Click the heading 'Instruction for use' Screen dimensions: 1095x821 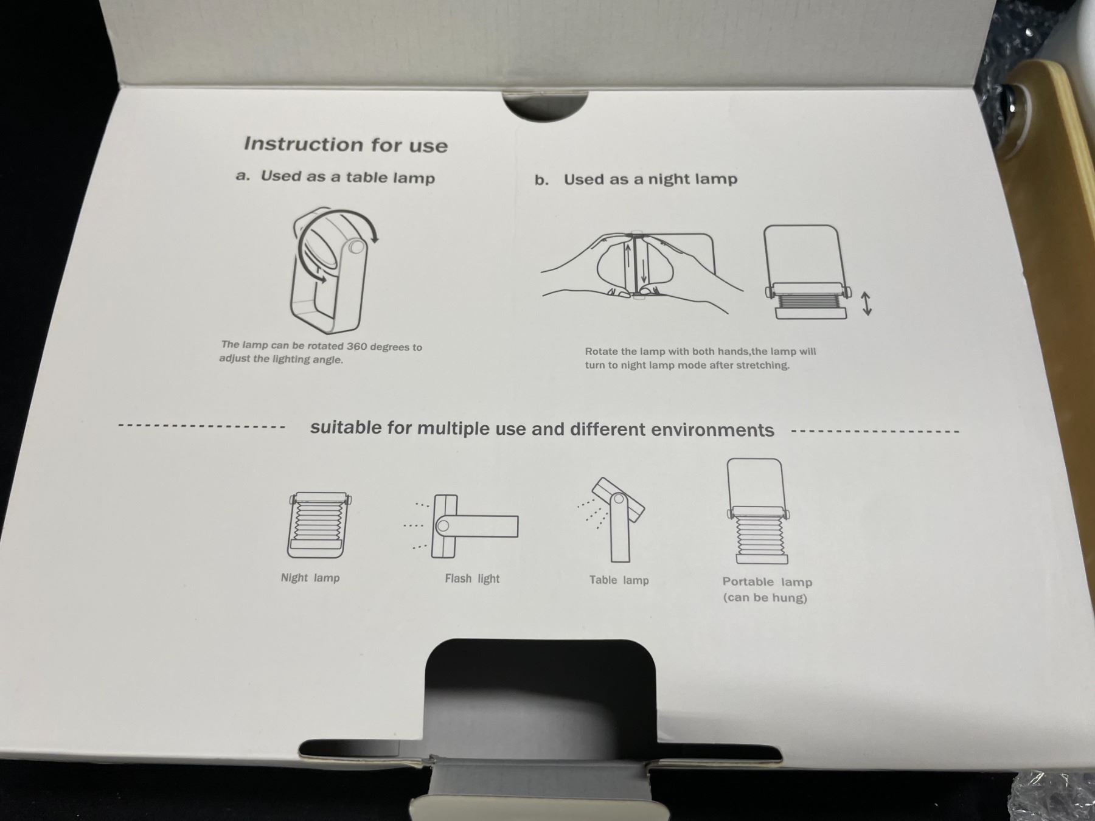coord(346,145)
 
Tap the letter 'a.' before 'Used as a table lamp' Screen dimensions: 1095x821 coord(243,176)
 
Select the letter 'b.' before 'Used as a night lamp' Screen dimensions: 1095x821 coord(541,180)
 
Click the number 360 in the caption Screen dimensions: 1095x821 coord(356,347)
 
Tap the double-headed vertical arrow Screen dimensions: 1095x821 coord(867,303)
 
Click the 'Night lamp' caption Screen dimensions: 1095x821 coord(310,578)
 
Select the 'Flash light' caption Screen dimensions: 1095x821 coord(472,578)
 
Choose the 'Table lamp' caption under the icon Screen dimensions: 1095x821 coord(619,580)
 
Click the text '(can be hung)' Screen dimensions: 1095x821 coord(765,598)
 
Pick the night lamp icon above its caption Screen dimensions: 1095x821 coord(319,525)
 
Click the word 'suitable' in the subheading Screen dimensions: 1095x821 coord(346,428)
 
